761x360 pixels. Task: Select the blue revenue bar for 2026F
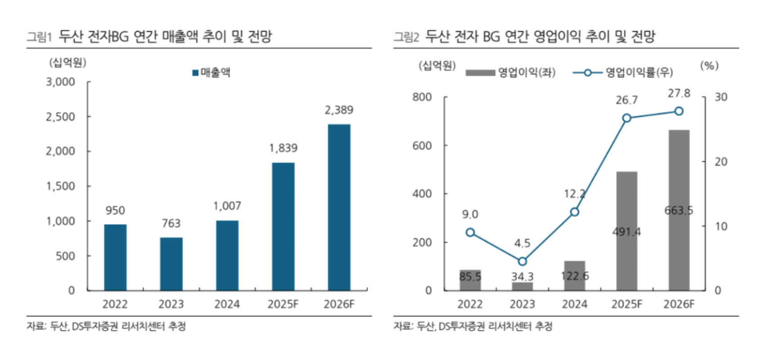click(x=339, y=207)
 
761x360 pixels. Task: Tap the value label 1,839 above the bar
click(x=283, y=148)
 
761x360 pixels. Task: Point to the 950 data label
click(x=115, y=211)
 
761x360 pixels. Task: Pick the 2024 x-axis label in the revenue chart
click(x=227, y=305)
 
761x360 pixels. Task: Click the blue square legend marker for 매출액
click(x=195, y=73)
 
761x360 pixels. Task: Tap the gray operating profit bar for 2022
click(x=470, y=280)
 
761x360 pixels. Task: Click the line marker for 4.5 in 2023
click(x=522, y=261)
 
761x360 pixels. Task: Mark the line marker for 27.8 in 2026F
click(x=679, y=111)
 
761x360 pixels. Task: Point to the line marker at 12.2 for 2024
click(x=574, y=212)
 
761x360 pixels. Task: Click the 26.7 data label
click(x=626, y=100)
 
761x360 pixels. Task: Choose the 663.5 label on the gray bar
click(x=679, y=210)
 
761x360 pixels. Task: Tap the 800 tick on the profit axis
click(x=422, y=97)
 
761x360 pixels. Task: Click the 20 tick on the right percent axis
click(x=721, y=162)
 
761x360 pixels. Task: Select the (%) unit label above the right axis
click(x=709, y=66)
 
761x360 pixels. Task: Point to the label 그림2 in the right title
click(x=406, y=37)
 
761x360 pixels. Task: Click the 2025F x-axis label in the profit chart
click(x=626, y=305)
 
